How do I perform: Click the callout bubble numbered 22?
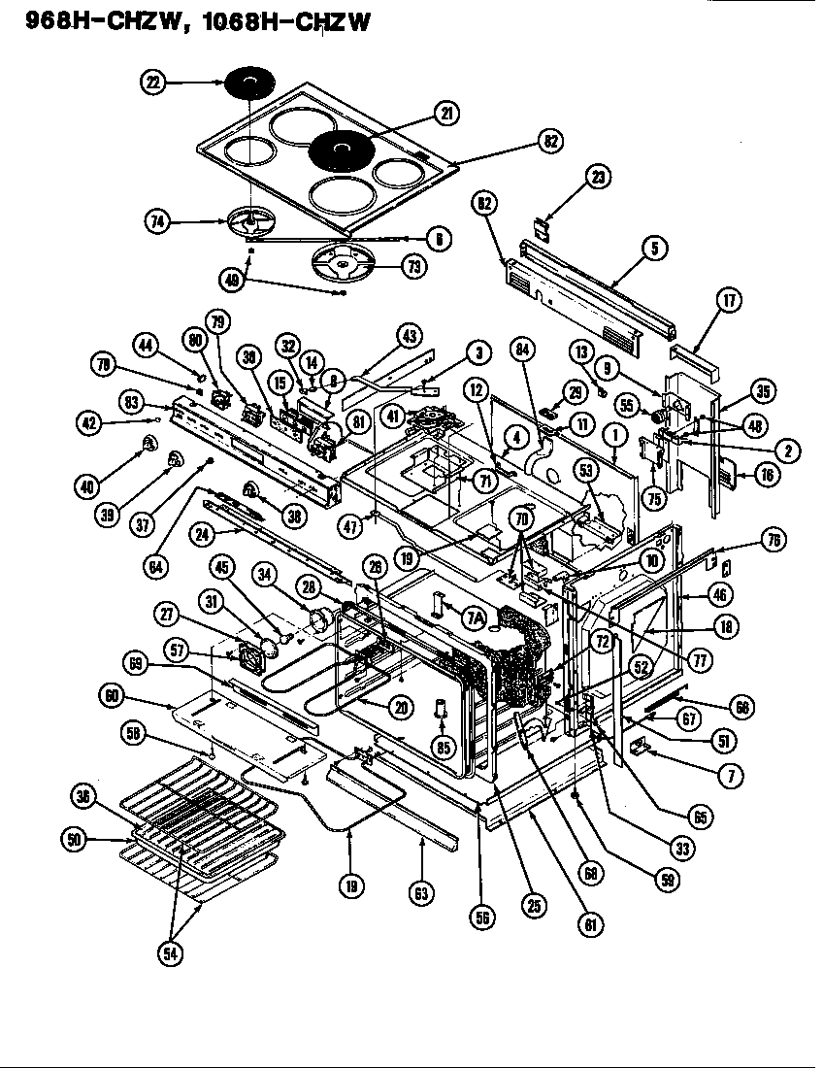click(153, 84)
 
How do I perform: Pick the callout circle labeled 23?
click(598, 176)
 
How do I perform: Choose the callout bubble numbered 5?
click(653, 249)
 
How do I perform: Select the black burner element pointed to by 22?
click(249, 83)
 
